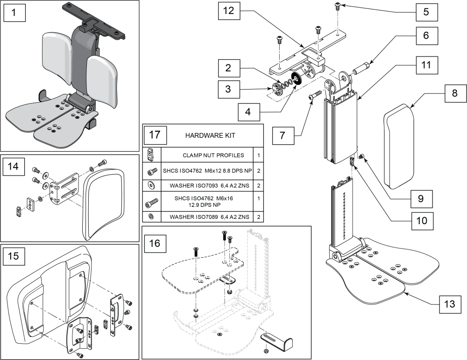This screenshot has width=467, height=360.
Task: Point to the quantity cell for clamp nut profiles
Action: pos(258,155)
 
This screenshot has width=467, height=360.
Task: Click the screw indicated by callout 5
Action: pos(337,6)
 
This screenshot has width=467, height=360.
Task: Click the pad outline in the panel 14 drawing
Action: pos(104,196)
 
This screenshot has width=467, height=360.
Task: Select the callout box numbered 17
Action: pos(155,135)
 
